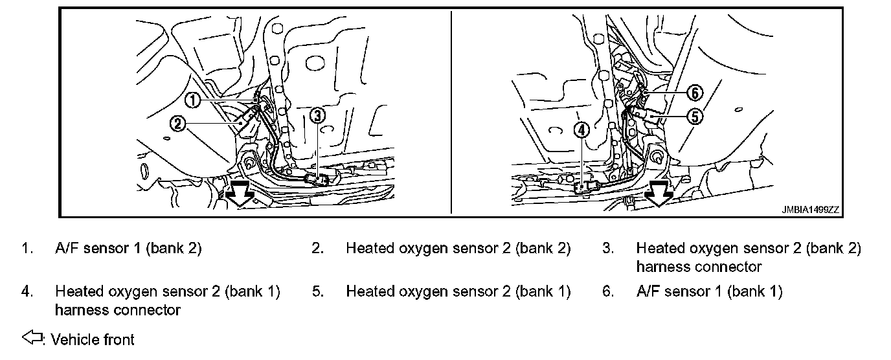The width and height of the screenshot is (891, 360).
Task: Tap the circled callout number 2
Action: pos(179,122)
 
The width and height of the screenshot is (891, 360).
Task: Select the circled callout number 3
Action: pos(317,115)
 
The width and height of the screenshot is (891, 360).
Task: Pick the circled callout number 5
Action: pos(694,117)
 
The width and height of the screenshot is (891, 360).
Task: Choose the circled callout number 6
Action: pos(694,93)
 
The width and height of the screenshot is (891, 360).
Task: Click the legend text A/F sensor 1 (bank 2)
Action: pos(129,249)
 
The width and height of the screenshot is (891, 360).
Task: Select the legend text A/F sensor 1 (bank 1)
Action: pos(709,292)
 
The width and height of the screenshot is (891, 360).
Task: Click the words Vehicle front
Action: pos(93,339)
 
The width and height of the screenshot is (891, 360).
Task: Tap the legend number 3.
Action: pos(607,249)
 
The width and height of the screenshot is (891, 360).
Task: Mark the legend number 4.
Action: pos(27,292)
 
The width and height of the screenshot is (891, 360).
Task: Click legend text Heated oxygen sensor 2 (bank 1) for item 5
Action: pos(458,292)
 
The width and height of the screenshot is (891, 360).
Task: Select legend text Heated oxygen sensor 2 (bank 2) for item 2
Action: pos(458,249)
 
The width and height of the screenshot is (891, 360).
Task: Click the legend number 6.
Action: pos(607,292)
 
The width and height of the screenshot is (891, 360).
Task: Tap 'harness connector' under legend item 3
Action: pos(699,267)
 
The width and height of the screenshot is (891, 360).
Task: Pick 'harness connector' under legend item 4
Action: pos(118,310)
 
